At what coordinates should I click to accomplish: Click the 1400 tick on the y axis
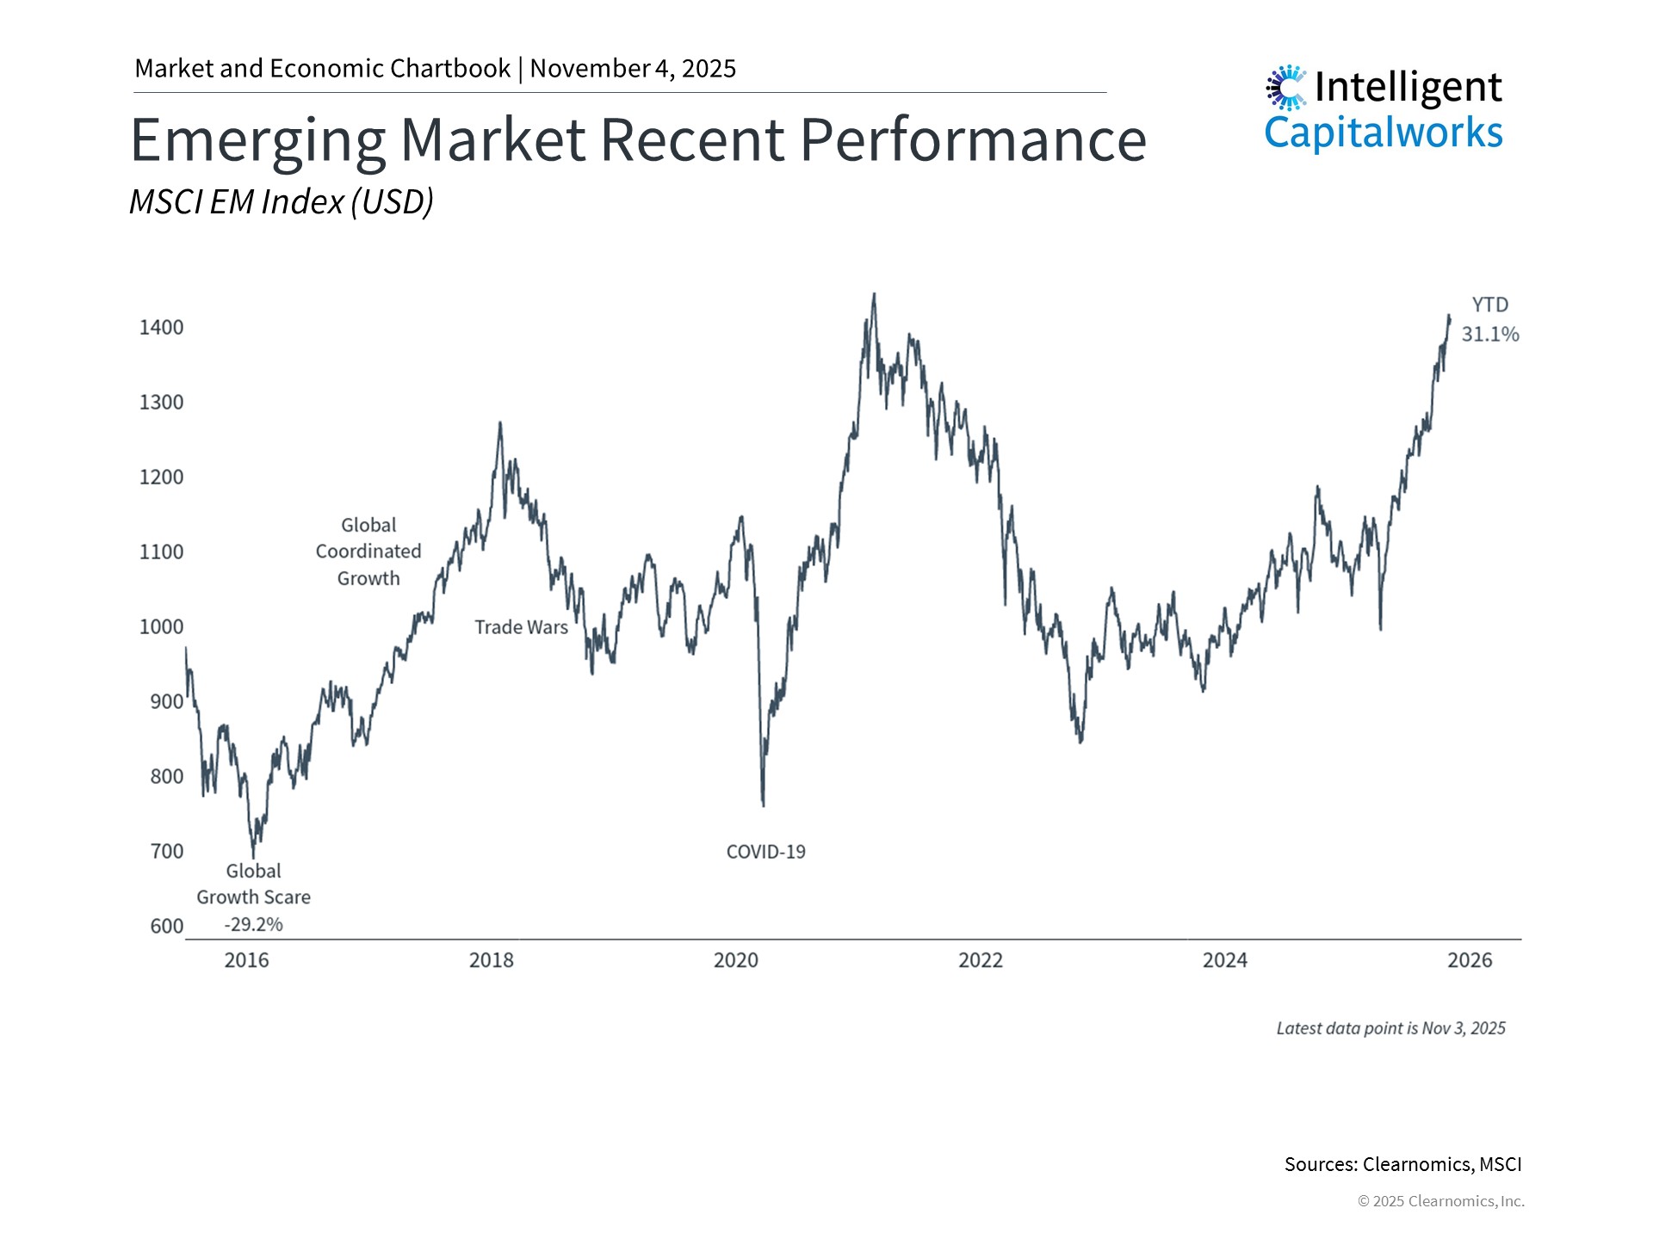[161, 327]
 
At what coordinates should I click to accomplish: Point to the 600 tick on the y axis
[166, 926]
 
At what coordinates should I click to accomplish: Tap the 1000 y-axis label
[161, 626]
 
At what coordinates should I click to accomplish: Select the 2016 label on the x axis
[246, 960]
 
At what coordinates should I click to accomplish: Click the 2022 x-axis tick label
[980, 960]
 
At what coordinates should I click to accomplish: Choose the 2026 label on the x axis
[1470, 960]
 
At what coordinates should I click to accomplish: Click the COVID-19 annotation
[765, 852]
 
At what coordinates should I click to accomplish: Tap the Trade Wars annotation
[521, 627]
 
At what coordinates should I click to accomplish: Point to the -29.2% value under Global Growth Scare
[253, 924]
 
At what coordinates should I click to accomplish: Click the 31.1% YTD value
[1489, 334]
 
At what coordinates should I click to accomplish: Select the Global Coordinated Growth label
[368, 552]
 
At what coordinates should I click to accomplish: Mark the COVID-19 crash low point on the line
[764, 804]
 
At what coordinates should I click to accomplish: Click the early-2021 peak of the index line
[874, 295]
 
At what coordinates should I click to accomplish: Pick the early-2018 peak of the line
[500, 423]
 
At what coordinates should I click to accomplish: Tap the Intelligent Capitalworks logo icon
[1286, 87]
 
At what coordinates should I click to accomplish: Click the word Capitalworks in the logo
[1383, 133]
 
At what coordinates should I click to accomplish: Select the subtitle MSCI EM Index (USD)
[281, 201]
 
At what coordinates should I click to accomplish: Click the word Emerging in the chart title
[257, 139]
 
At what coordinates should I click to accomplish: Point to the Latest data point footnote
[1390, 1028]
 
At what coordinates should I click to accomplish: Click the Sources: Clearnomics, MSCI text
[1402, 1164]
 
